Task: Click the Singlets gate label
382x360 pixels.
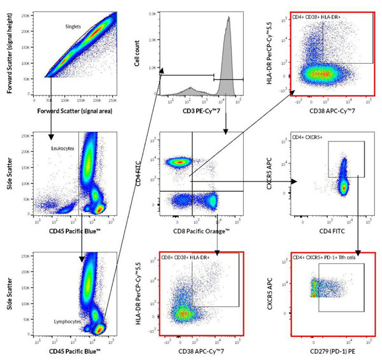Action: (x=76, y=27)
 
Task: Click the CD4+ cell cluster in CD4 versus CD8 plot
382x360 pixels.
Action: (x=180, y=162)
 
